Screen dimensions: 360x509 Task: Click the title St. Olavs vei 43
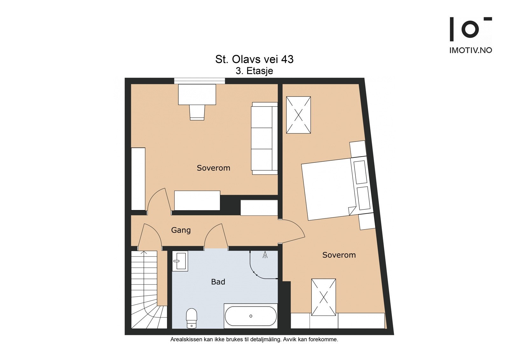pyautogui.click(x=254, y=59)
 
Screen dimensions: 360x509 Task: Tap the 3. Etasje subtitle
pyautogui.click(x=254, y=71)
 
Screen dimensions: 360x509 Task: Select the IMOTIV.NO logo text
pyautogui.click(x=471, y=50)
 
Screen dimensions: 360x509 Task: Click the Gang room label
pyautogui.click(x=181, y=230)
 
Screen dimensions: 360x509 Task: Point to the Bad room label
pyautogui.click(x=218, y=282)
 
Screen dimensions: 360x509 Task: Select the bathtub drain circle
pyautogui.click(x=251, y=316)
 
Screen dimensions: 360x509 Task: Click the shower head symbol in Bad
pyautogui.click(x=265, y=255)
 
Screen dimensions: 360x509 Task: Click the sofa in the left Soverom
pyautogui.click(x=264, y=138)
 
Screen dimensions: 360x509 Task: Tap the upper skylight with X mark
pyautogui.click(x=298, y=115)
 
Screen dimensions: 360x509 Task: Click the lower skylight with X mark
pyautogui.click(x=324, y=297)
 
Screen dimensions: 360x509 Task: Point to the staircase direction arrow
pyautogui.click(x=144, y=253)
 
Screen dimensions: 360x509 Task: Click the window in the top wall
pyautogui.click(x=199, y=81)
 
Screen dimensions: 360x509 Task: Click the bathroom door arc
pyautogui.click(x=215, y=236)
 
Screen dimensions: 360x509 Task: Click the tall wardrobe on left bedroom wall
pyautogui.click(x=138, y=179)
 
